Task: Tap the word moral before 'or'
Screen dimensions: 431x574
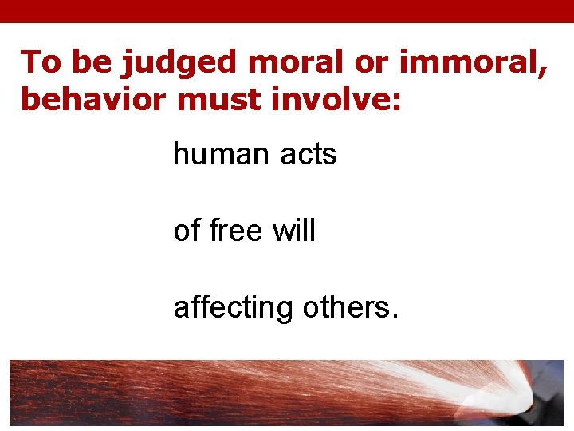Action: coord(283,62)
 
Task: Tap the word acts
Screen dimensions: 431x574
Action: coord(309,155)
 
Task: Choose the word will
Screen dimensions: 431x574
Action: coord(294,231)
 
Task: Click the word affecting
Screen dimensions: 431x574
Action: coord(234,308)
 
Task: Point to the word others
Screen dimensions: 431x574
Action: coord(348,307)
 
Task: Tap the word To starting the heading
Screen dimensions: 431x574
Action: coord(41,62)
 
